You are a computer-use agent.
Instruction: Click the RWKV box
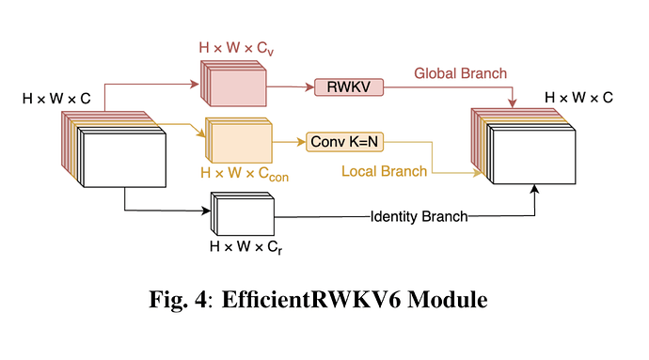point(345,87)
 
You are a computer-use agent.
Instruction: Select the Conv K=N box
point(345,142)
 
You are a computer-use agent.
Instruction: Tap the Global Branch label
point(460,73)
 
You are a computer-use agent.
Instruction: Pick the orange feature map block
point(238,142)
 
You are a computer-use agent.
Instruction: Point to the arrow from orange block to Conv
point(289,142)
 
